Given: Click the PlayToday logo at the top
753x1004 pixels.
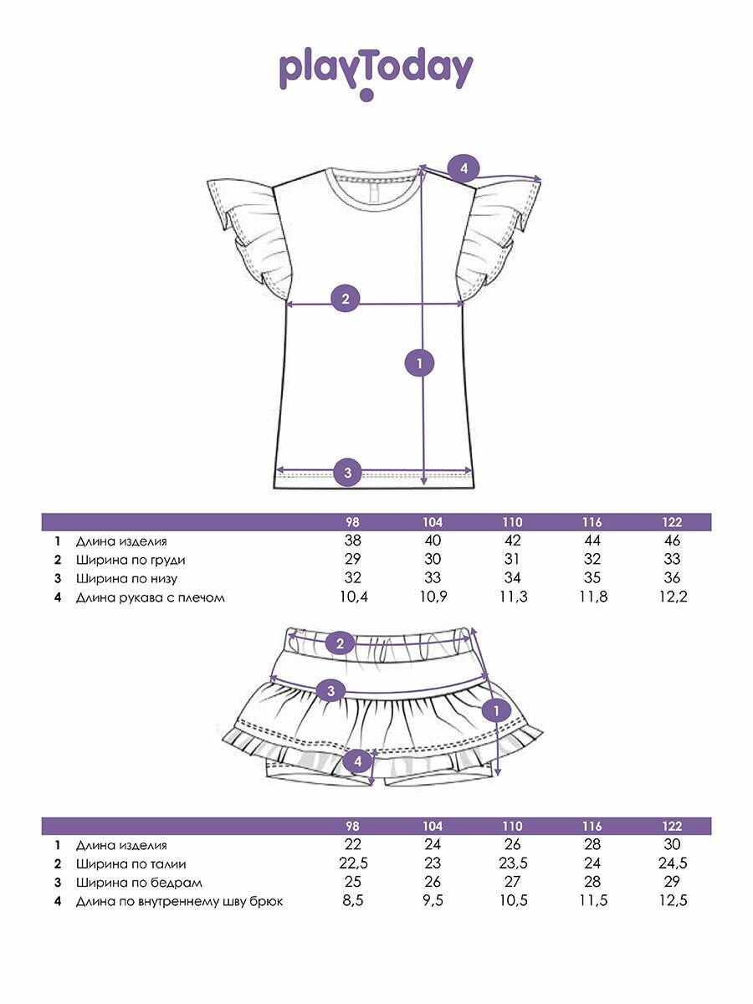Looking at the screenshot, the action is coord(376,72).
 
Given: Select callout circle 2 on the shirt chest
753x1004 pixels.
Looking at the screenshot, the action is coord(346,299).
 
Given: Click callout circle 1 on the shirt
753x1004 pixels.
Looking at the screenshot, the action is coord(419,363).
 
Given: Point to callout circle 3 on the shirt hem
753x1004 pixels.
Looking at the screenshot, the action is coord(348,473).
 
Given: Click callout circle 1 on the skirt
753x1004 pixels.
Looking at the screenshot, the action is coord(497,711).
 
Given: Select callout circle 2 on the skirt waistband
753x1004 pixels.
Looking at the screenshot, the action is coord(340,643).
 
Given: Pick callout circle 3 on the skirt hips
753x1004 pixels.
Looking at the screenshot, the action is coord(332,690).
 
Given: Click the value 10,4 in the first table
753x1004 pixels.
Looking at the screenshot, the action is coord(353,597).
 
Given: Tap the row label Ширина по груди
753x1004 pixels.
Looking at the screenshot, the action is coord(131,560).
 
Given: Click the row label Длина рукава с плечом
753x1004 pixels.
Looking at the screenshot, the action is coord(151,597).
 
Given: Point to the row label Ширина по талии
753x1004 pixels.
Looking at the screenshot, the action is coord(131,864).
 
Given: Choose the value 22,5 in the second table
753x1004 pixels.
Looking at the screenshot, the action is coord(353,863).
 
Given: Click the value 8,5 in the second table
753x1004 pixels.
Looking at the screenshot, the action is coord(353,901).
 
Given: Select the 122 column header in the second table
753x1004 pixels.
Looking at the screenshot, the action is coord(671,826).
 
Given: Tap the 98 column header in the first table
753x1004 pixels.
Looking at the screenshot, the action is coord(352,522).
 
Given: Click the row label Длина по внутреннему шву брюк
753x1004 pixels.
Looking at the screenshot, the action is coord(179,901).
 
